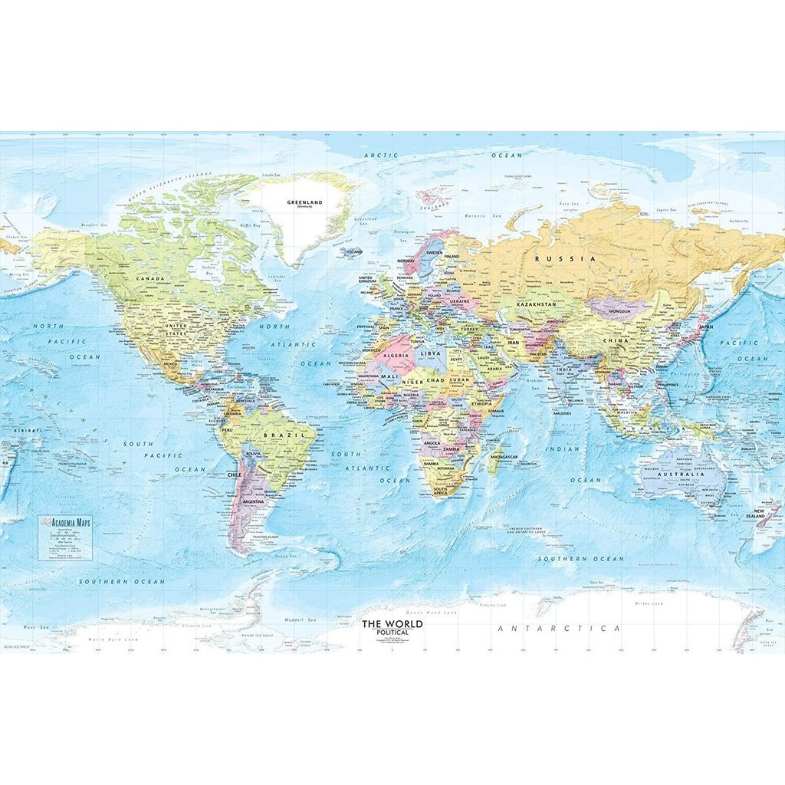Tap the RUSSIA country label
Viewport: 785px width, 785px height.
[565, 259]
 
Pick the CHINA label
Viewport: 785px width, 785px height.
[615, 340]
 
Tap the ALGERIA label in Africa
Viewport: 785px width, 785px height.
[396, 356]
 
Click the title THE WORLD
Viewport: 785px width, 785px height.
[392, 624]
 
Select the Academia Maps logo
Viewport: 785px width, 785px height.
[69, 521]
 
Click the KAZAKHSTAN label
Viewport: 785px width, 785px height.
[535, 305]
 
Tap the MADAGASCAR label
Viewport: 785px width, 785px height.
[505, 457]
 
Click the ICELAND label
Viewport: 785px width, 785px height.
[354, 251]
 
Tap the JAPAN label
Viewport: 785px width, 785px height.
[706, 327]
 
